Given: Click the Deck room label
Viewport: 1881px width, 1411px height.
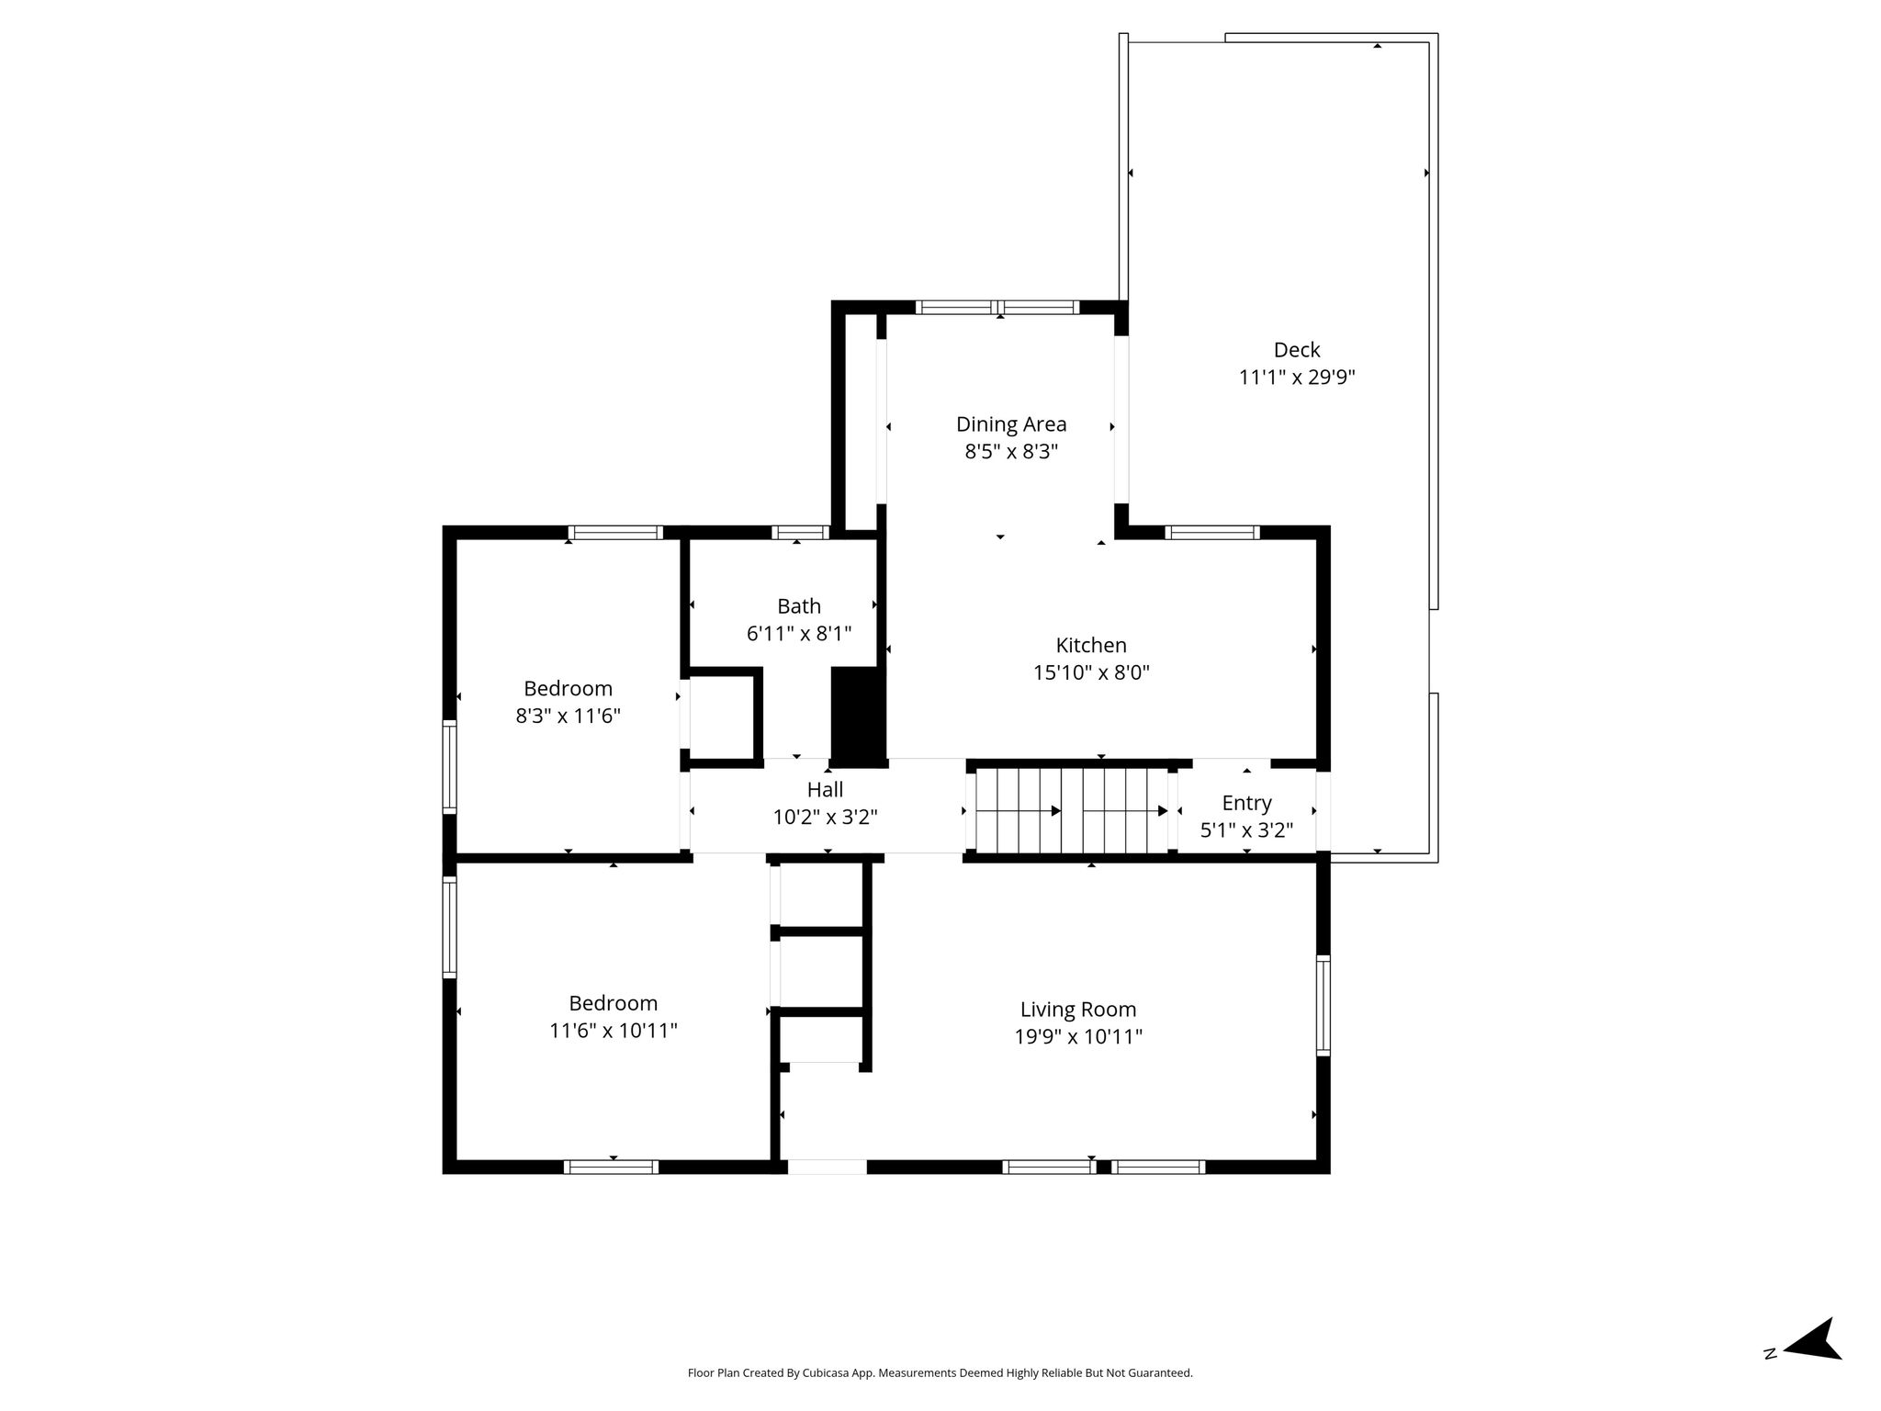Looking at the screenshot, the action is (x=1296, y=350).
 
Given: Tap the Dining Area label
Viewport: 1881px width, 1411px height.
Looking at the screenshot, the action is (x=1011, y=424).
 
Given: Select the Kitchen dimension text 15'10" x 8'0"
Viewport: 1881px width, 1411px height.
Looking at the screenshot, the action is (x=1091, y=672).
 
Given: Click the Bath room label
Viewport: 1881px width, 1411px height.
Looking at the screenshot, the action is (x=799, y=606).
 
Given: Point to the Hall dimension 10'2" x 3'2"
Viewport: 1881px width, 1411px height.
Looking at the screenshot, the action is (x=825, y=817).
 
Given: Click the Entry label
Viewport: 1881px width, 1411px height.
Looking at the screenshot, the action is (x=1246, y=804).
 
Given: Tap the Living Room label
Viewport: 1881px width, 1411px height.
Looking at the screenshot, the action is (x=1078, y=1010).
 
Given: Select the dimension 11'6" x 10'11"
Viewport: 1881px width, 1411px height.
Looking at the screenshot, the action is (x=614, y=1031).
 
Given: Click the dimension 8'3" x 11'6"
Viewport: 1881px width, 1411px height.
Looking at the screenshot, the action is (x=568, y=716).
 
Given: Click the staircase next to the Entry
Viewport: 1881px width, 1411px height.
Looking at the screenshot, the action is (x=1072, y=810).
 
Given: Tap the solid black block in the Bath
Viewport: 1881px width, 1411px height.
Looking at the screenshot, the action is (x=858, y=715).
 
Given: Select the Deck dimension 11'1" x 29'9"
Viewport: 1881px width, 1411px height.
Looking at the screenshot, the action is (x=1297, y=377).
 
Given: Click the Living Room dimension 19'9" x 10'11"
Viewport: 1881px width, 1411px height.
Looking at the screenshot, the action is (x=1078, y=1037).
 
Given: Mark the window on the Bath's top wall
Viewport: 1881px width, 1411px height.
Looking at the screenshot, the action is (x=800, y=532).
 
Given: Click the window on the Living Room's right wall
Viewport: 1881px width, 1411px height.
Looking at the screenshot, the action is (x=1323, y=1005).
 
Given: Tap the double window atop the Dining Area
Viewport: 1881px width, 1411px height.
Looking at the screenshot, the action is (x=998, y=307).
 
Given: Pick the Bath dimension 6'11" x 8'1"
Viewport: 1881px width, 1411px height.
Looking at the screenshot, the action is (x=799, y=633).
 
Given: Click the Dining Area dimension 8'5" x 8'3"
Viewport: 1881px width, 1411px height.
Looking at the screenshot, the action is (x=1011, y=452).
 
